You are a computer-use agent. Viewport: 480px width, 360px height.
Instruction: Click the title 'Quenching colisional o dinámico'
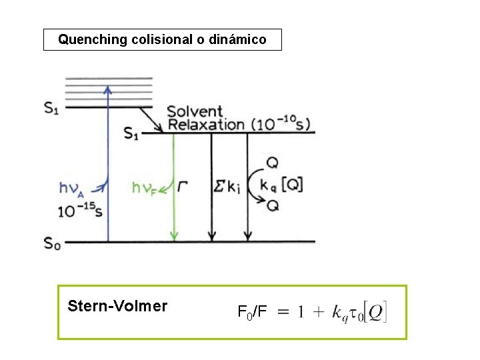click(162, 39)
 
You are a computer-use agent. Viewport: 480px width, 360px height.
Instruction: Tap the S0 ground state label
click(52, 243)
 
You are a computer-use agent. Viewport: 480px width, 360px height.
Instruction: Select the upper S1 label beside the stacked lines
click(51, 108)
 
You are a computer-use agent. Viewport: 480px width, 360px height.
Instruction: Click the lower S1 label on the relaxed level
click(131, 133)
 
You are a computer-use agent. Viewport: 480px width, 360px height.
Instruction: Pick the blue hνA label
click(72, 189)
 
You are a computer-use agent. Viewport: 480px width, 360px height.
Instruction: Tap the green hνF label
click(144, 189)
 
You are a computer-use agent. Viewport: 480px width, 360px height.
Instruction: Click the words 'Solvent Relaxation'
click(205, 118)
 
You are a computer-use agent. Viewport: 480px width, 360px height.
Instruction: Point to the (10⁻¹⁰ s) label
click(280, 124)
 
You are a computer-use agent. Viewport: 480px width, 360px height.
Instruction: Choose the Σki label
click(225, 187)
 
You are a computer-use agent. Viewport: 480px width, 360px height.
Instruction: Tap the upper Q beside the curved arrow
click(272, 162)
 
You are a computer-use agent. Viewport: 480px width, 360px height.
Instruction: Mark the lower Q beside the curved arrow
click(272, 206)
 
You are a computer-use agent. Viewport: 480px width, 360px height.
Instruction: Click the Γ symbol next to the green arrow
click(183, 187)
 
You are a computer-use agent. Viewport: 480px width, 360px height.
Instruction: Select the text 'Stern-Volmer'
click(117, 306)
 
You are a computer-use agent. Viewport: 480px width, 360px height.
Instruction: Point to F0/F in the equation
click(252, 311)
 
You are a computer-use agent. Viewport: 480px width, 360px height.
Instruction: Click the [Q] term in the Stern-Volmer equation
click(375, 311)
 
